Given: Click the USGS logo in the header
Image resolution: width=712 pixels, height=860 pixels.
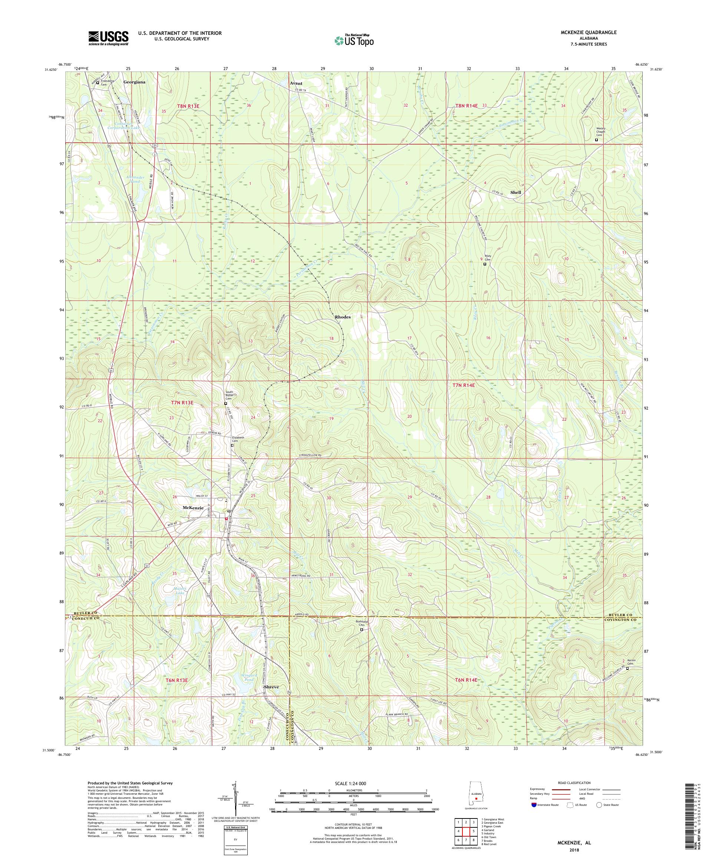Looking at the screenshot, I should (109, 39).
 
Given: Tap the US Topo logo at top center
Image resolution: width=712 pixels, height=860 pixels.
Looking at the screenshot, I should (355, 40).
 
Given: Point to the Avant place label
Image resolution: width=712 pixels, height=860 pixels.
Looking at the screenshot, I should (296, 83).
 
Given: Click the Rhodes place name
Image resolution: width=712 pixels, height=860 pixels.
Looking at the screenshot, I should (343, 317).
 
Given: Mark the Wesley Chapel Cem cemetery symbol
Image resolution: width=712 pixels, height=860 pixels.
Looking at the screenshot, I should (596, 140).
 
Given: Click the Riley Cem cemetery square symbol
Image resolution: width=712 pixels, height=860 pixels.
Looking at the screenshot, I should (485, 264).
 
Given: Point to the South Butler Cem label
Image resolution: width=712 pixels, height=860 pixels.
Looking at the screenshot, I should (229, 395).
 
